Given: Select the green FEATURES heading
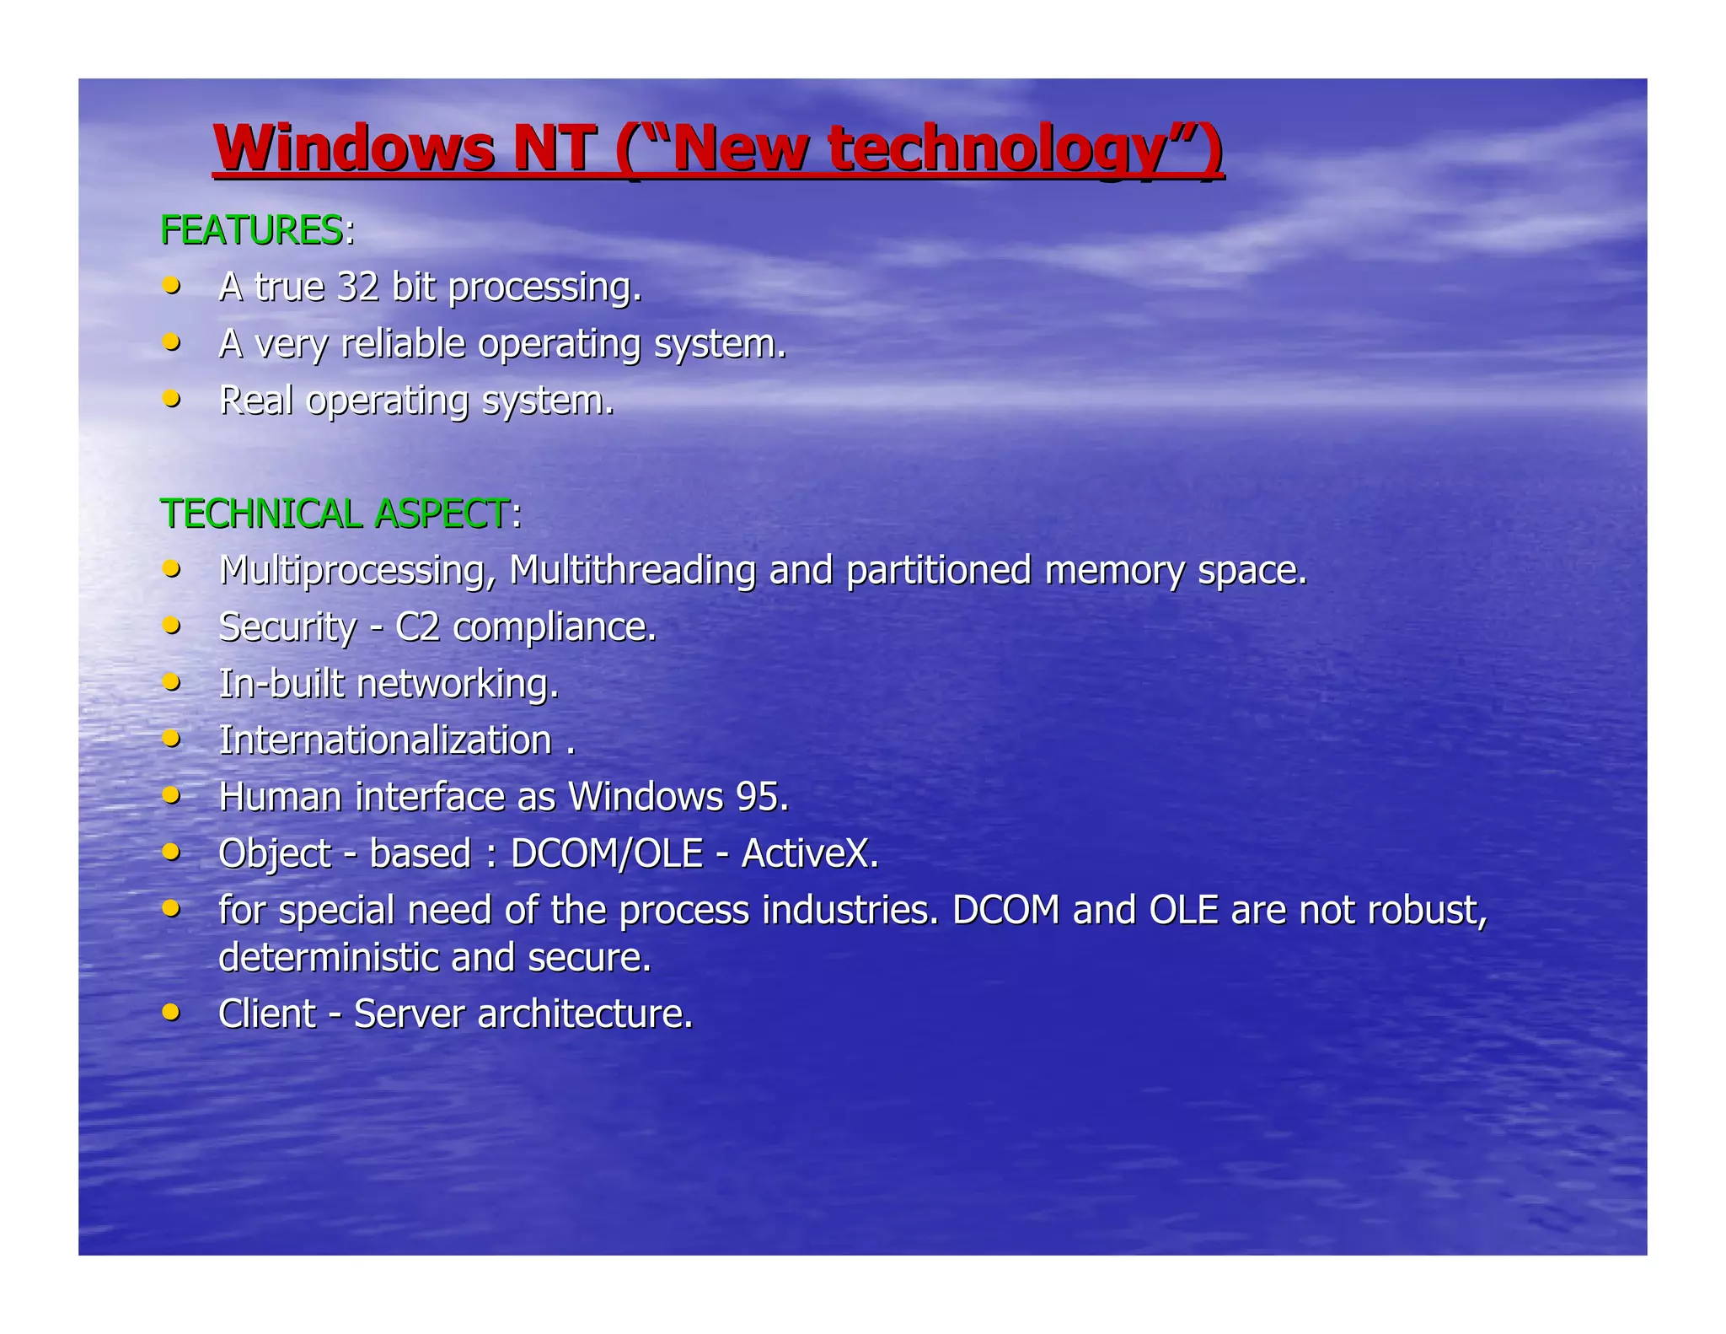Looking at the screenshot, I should tap(251, 230).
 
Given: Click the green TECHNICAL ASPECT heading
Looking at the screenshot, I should tap(335, 514).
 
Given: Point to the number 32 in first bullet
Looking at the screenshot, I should tap(358, 287).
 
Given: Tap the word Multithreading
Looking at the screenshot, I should tap(632, 570).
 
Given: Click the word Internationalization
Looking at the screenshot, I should tap(385, 740).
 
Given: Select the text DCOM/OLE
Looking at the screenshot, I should tap(607, 853).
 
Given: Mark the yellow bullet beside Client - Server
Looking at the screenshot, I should tap(171, 1012).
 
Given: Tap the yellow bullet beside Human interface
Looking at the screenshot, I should tap(171, 795).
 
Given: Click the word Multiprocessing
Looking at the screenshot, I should tap(355, 570).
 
